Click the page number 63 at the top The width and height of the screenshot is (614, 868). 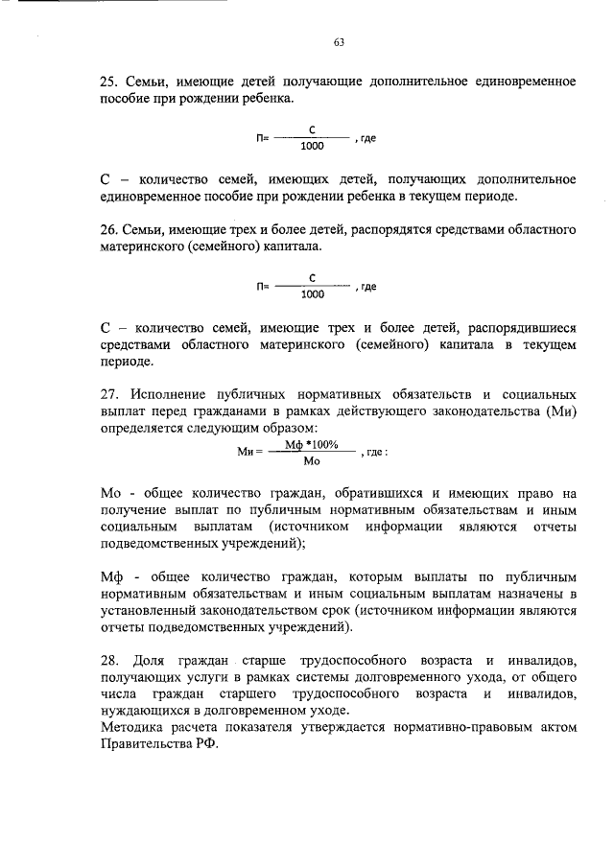(x=339, y=42)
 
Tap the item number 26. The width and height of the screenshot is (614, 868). (x=109, y=231)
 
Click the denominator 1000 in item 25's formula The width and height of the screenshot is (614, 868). (x=312, y=147)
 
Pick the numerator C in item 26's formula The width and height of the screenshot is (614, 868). (x=313, y=277)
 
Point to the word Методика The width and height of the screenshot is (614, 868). (x=131, y=728)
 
